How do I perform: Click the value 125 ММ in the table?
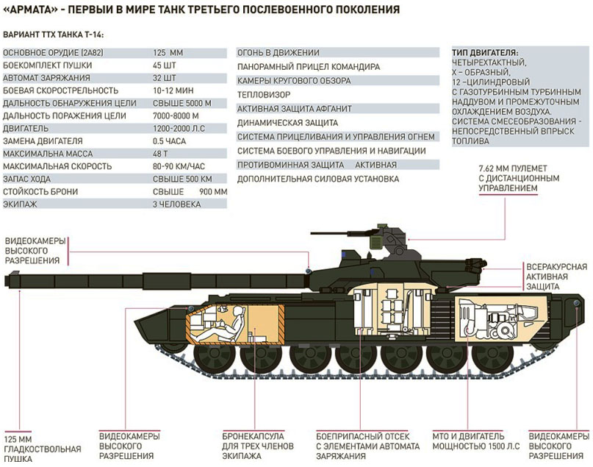[168, 53]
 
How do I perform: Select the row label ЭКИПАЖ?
[20, 204]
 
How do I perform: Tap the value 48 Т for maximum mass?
[160, 154]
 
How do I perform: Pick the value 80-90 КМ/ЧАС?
[179, 166]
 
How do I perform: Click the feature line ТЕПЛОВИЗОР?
[264, 95]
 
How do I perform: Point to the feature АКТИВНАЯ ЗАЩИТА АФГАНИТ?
[294, 109]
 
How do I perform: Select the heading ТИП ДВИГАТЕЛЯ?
[485, 53]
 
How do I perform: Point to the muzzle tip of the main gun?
[6, 280]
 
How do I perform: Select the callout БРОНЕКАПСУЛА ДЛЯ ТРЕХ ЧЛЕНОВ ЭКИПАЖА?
[257, 446]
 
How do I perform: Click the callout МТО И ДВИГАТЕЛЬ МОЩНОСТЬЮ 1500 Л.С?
[475, 441]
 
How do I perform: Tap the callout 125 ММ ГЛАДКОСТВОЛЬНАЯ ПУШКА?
[43, 449]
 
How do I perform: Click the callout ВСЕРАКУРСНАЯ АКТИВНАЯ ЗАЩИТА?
[556, 277]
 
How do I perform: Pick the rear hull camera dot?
[576, 303]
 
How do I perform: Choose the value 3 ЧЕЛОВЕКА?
[176, 204]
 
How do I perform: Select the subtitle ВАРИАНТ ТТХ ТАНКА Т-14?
[54, 35]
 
